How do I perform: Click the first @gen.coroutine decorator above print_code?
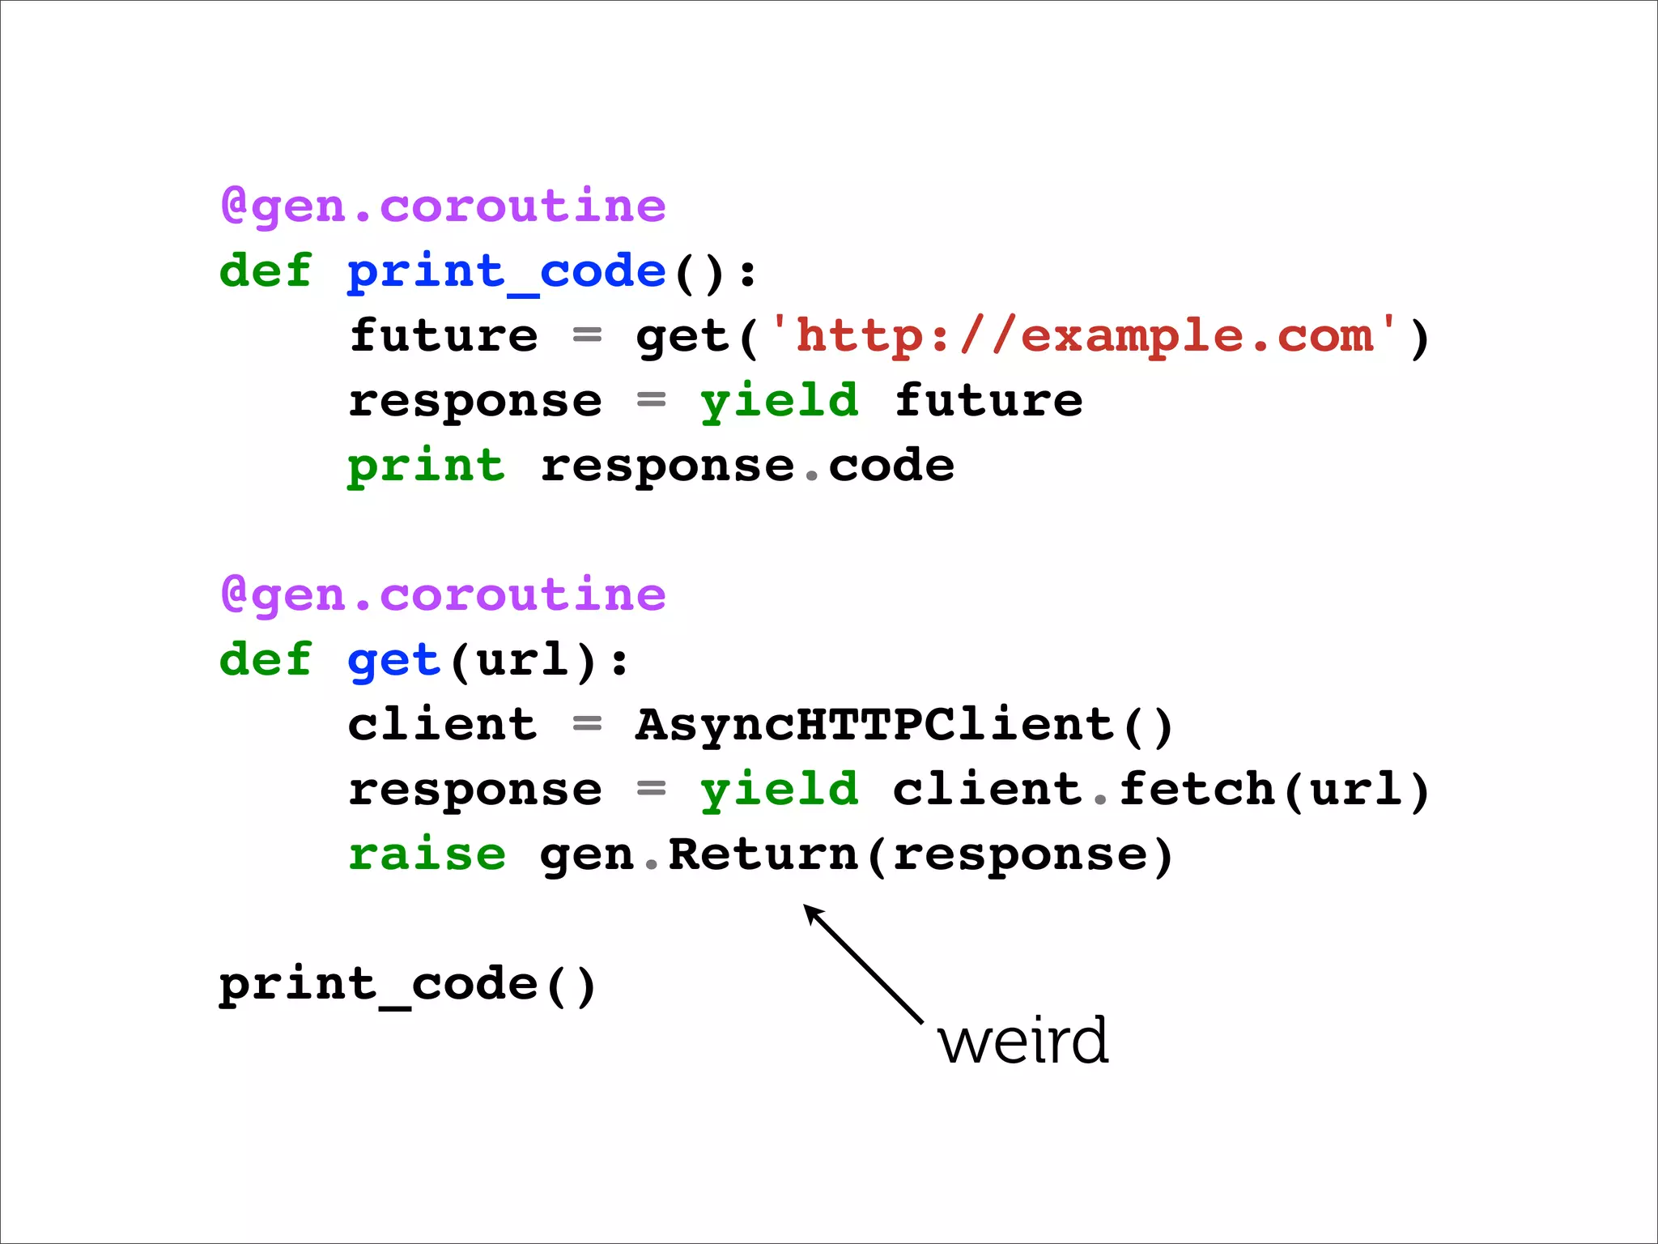click(x=444, y=206)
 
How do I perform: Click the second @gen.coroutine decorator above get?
click(x=444, y=594)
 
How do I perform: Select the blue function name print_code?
click(x=507, y=271)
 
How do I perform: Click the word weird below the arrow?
click(x=1023, y=1041)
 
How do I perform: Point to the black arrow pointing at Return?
click(x=863, y=964)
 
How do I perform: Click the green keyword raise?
click(x=427, y=854)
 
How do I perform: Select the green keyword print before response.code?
click(x=426, y=466)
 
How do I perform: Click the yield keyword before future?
click(x=779, y=400)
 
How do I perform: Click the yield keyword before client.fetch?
click(x=779, y=789)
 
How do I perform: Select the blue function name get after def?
click(x=393, y=660)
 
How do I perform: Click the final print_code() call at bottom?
click(x=407, y=985)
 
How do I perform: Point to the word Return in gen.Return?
click(x=763, y=854)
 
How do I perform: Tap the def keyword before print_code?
click(x=266, y=271)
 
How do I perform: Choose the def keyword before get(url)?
click(x=266, y=659)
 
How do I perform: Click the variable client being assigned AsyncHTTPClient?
click(x=442, y=724)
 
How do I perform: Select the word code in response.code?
click(x=891, y=466)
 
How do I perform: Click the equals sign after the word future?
click(x=587, y=335)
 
